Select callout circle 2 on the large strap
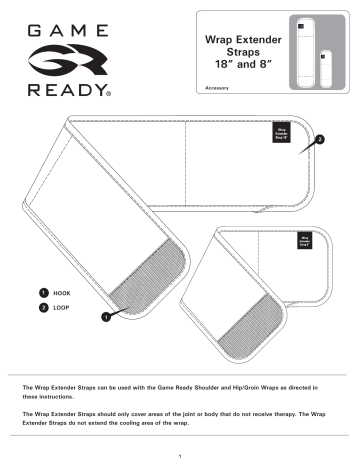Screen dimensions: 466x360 (319, 140)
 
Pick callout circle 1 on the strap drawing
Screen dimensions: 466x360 (105, 317)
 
